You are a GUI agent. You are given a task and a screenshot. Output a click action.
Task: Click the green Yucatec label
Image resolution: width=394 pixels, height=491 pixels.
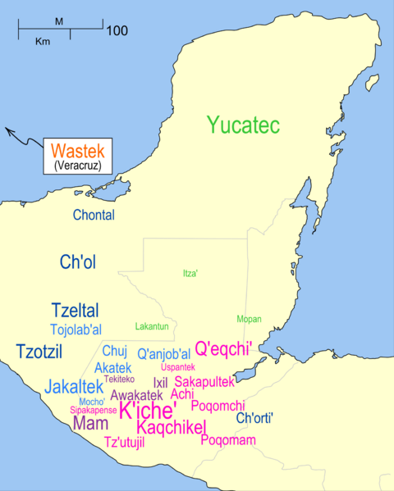tap(244, 126)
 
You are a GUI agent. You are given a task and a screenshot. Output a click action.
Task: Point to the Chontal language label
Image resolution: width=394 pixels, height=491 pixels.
tap(94, 216)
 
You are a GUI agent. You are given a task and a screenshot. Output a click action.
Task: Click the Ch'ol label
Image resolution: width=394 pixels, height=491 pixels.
tap(78, 261)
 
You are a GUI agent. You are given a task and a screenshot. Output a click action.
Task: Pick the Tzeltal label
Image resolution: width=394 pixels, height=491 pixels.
tap(75, 311)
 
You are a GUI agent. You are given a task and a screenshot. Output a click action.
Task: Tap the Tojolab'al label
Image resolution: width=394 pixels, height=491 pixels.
tap(76, 330)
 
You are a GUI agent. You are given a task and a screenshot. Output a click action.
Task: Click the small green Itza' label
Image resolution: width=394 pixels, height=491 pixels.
tap(190, 273)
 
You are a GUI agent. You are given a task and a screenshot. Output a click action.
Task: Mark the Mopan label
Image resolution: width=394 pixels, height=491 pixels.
tap(249, 318)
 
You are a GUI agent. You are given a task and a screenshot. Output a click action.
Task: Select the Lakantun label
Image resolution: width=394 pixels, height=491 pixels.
tap(151, 326)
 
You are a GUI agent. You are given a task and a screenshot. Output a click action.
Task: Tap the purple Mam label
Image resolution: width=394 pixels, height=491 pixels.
tap(89, 424)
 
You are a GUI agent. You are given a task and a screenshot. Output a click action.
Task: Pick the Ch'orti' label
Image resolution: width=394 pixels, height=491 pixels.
tap(254, 418)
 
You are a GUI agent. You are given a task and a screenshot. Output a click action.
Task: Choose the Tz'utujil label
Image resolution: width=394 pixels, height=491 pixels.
tap(125, 443)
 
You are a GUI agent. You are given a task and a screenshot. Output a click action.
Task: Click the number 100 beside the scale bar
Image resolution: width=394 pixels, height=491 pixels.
tap(117, 31)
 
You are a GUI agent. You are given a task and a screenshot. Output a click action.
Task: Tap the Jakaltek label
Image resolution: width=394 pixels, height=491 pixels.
tap(74, 385)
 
